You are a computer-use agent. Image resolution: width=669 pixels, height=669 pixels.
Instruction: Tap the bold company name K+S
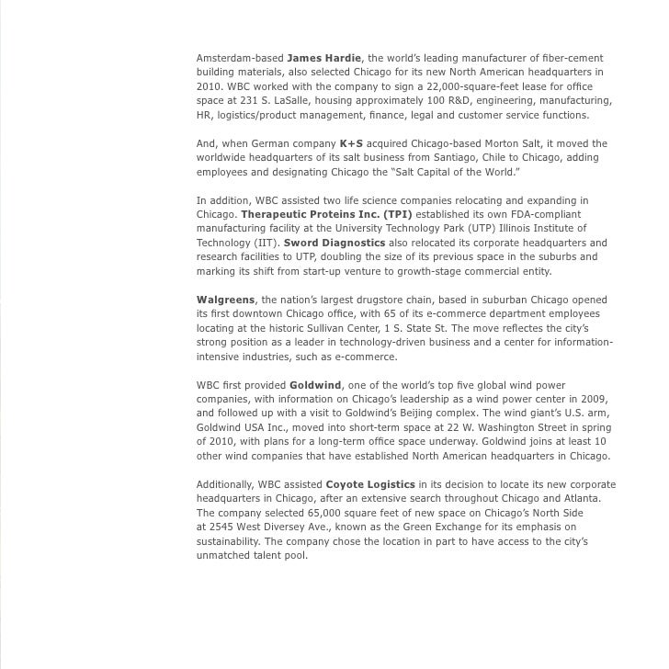point(352,144)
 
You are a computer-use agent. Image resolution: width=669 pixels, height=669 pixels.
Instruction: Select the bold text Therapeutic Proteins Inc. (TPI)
point(327,214)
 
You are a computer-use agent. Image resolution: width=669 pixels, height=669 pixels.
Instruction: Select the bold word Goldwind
point(314,384)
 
